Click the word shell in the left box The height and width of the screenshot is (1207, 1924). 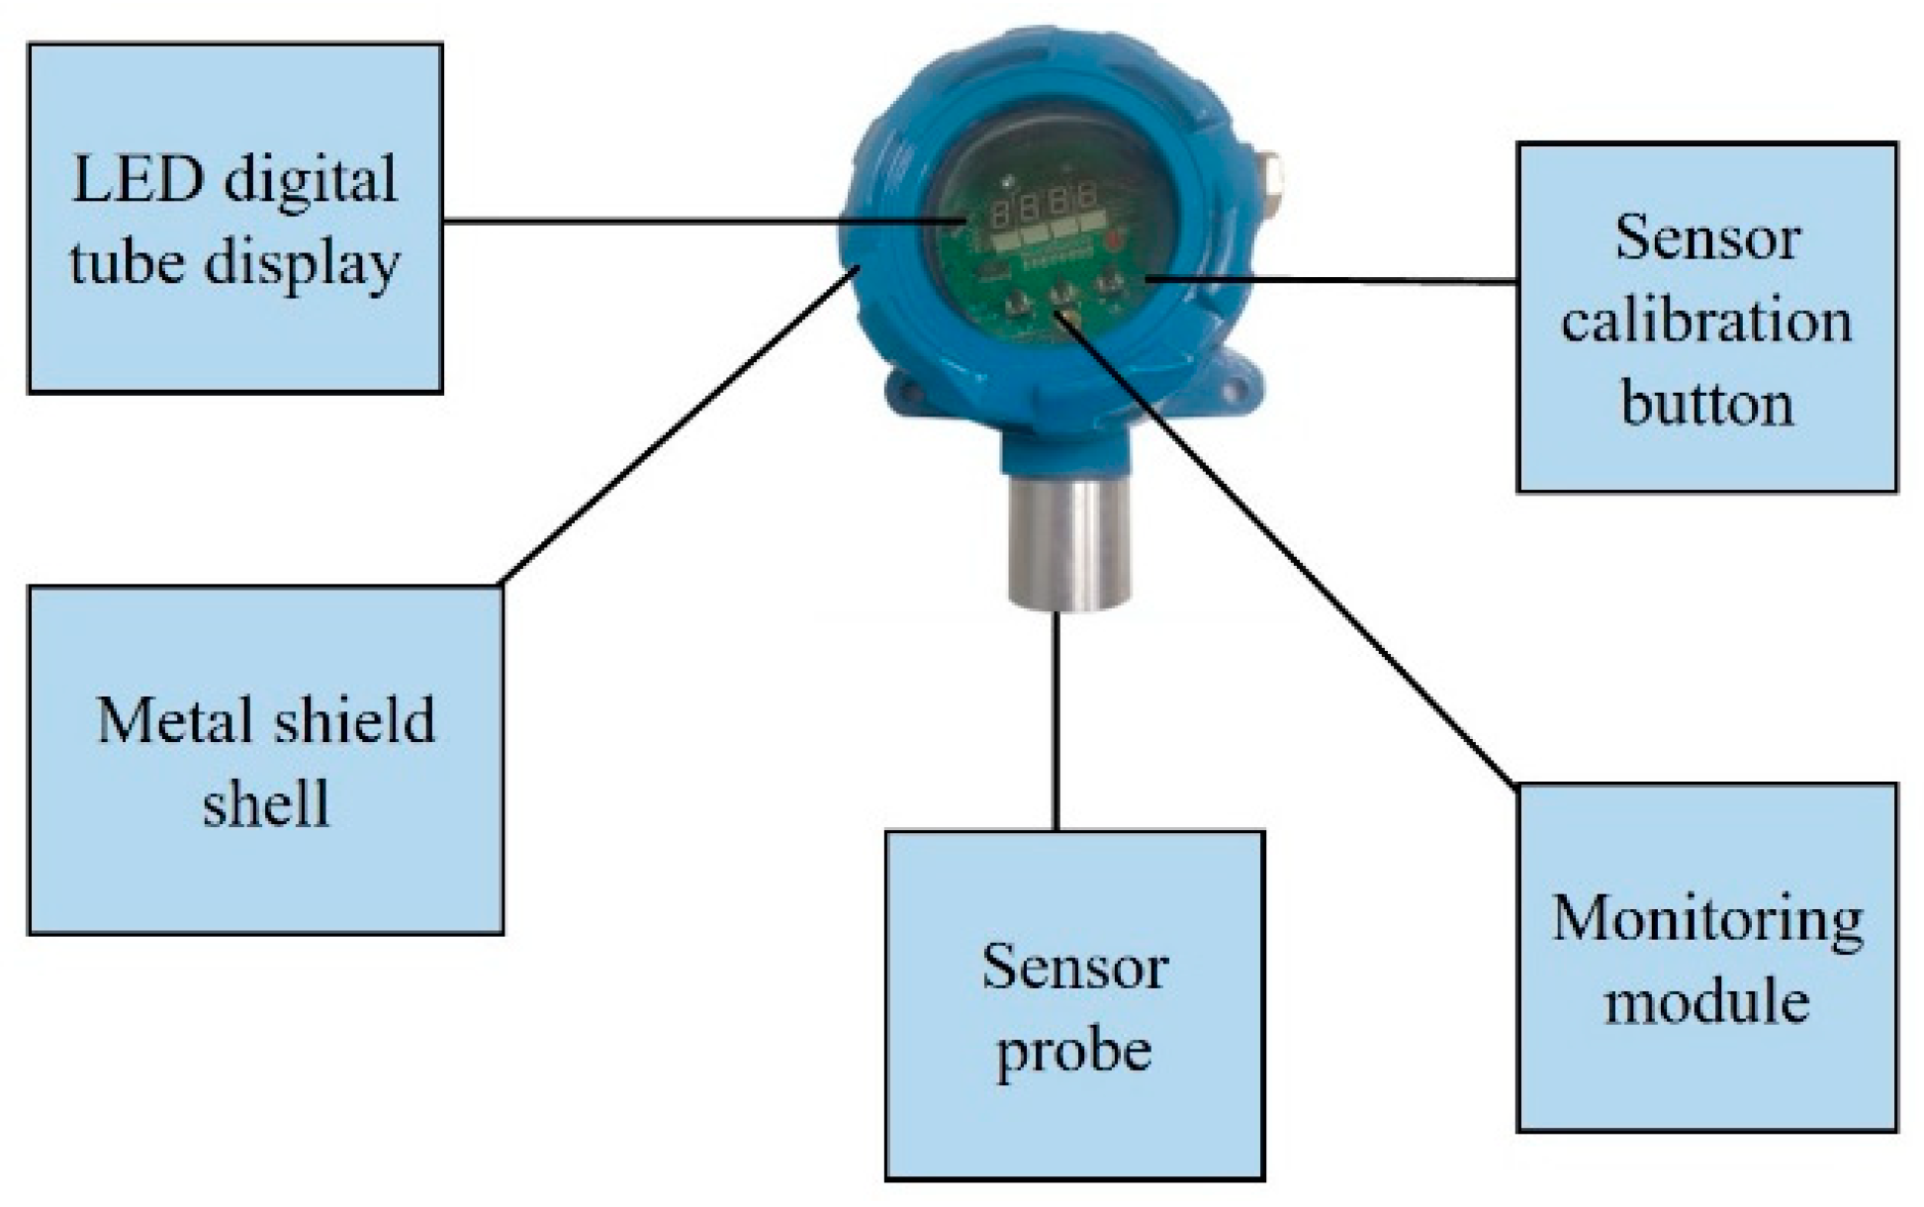coord(265,803)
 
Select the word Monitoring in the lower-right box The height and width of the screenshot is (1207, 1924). coord(1706,919)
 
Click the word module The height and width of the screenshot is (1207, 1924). coord(1706,1002)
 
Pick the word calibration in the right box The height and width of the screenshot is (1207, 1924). coord(1706,322)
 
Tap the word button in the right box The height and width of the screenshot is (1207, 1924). coord(1706,404)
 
